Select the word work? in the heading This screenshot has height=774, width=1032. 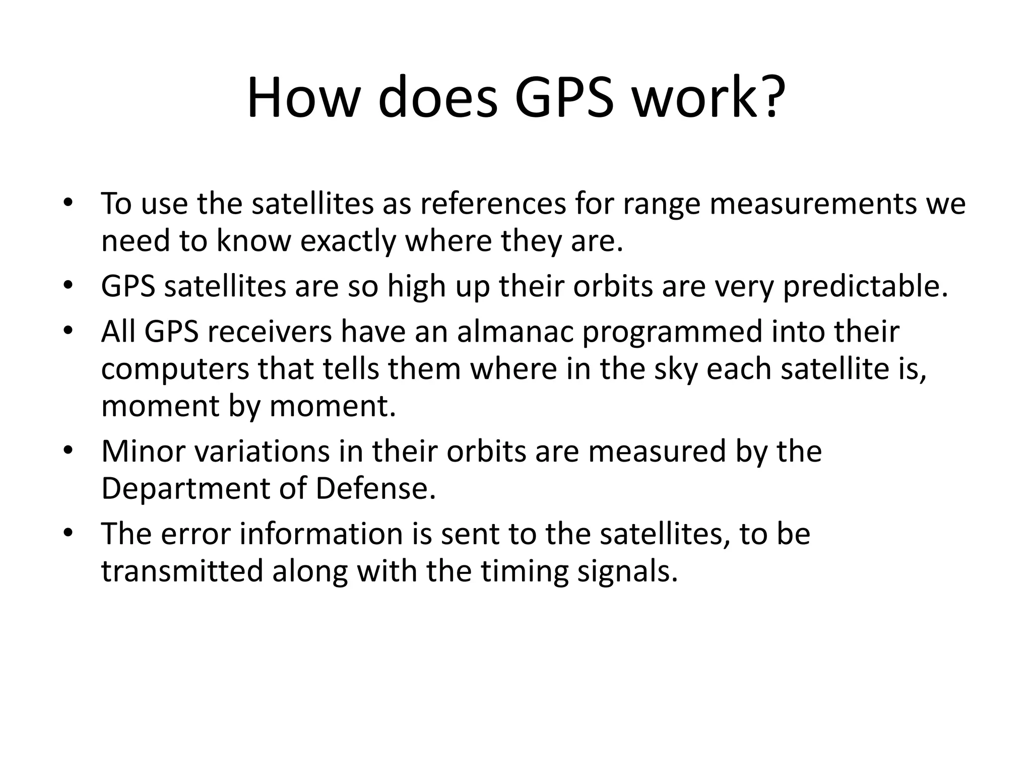pyautogui.click(x=709, y=98)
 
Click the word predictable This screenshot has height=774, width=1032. pyautogui.click(x=866, y=286)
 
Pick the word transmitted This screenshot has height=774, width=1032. pyautogui.click(x=182, y=571)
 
